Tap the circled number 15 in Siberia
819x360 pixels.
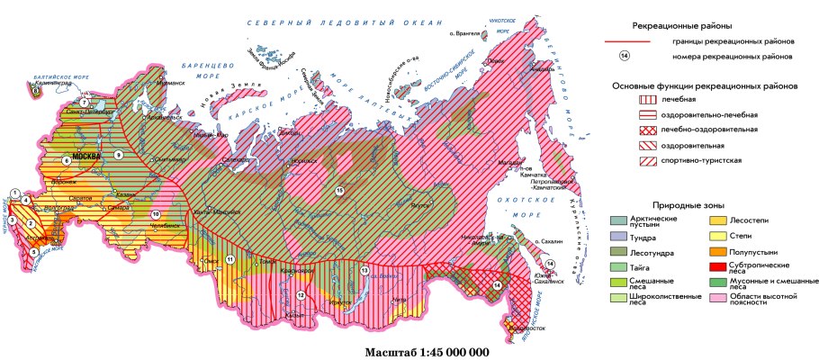point(339,191)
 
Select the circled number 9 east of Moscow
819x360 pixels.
point(117,156)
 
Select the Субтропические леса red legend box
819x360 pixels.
point(718,266)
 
